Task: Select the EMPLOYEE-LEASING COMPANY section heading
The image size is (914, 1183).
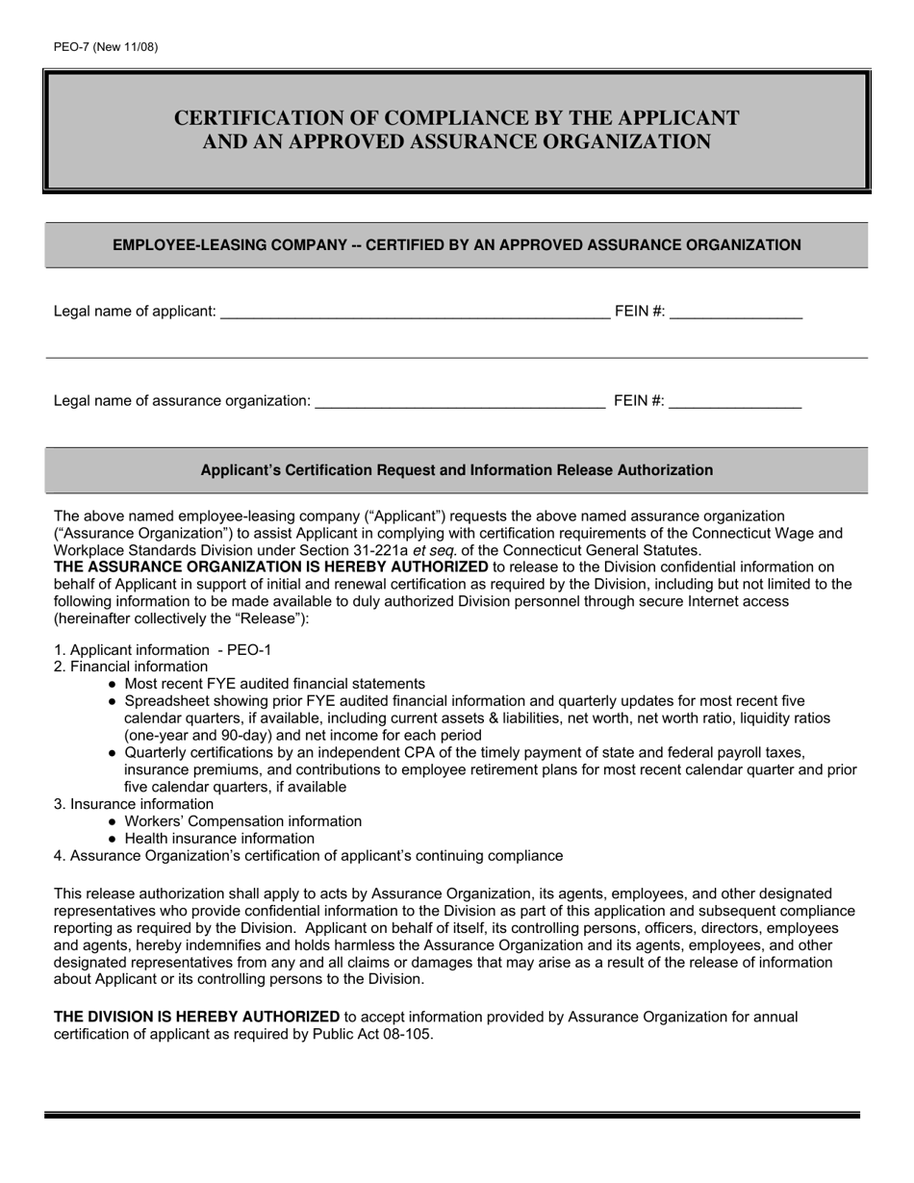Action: (x=456, y=245)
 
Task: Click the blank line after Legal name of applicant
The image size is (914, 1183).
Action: (x=414, y=311)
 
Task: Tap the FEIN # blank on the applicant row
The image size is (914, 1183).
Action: (x=735, y=311)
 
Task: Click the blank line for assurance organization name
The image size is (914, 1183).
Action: (x=460, y=401)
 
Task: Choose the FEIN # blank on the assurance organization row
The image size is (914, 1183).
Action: (x=735, y=401)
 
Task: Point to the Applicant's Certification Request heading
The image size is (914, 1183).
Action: (x=456, y=470)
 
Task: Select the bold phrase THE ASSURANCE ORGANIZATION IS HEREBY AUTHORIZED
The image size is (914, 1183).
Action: (x=270, y=567)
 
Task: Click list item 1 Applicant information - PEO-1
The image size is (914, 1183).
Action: (x=163, y=650)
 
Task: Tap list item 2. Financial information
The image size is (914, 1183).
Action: (x=131, y=667)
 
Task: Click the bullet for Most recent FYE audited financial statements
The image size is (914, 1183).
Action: (x=114, y=684)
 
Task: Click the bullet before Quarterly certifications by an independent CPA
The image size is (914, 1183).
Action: (x=114, y=753)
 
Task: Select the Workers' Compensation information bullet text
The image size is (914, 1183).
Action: (x=242, y=821)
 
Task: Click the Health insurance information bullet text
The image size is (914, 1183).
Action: (x=219, y=839)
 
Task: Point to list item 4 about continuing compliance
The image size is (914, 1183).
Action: (x=308, y=856)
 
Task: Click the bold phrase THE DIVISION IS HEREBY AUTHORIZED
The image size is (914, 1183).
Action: (x=196, y=1017)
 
